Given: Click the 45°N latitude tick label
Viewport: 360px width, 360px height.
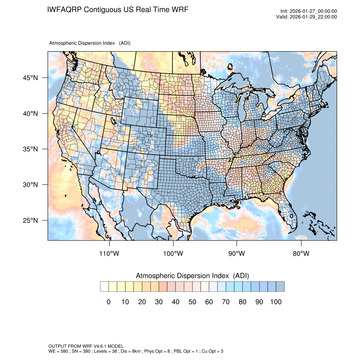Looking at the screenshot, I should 30,78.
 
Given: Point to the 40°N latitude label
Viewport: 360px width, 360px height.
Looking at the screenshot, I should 30,114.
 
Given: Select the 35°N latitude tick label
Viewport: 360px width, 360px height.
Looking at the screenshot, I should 30,149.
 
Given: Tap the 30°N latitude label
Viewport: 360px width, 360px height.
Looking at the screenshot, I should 30,185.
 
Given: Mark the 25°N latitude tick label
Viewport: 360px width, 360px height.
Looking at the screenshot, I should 30,220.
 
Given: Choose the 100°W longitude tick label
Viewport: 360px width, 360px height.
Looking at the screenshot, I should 173,254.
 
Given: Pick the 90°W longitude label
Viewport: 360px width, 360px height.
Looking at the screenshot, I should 237,254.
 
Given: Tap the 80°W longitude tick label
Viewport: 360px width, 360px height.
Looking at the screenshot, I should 301,254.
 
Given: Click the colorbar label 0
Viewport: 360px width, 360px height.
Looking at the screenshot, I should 108,302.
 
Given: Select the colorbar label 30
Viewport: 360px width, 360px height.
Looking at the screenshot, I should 158,302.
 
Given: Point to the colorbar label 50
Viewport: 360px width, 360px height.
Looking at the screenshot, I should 192,302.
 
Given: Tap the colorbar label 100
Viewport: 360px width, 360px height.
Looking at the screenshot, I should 275,302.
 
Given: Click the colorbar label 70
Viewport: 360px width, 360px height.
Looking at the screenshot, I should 225,302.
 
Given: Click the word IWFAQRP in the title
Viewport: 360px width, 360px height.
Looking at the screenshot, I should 65,9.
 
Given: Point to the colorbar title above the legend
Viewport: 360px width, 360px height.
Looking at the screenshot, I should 192,276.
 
